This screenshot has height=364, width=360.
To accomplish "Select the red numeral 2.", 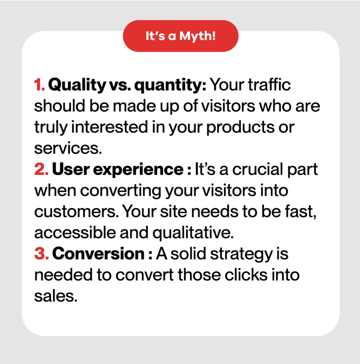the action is point(42,169).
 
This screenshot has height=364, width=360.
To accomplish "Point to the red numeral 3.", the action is point(42,253).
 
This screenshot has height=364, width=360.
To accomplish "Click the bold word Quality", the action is point(77,85).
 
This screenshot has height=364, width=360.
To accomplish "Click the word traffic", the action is point(269,84).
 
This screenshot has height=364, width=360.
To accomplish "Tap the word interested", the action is point(110,127).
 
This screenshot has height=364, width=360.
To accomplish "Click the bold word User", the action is point(71,169).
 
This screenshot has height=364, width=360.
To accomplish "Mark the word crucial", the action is point(258,169).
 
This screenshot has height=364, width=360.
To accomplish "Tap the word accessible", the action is point(75,232).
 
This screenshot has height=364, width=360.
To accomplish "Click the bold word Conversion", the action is point(98,253).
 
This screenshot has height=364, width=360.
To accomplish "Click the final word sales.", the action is point(56,296).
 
